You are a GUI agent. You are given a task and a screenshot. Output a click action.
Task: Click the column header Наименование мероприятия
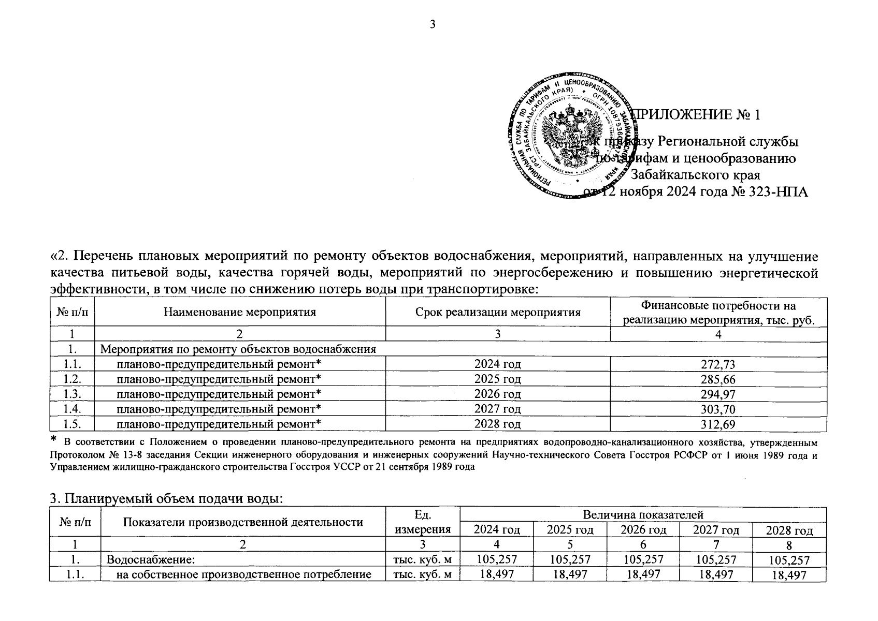[240, 312]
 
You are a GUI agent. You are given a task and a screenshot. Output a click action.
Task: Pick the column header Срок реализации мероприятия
[497, 312]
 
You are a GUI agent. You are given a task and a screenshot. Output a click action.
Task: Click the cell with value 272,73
[718, 364]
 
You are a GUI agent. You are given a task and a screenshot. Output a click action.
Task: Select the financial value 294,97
[718, 394]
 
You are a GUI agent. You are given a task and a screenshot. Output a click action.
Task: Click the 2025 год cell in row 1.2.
[497, 379]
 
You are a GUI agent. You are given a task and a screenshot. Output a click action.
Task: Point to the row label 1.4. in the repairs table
[72, 409]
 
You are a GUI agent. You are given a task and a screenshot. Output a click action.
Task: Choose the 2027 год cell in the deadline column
[497, 409]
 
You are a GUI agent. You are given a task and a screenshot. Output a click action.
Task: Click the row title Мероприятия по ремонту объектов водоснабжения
[238, 349]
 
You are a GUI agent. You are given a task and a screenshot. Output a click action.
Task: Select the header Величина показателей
[643, 515]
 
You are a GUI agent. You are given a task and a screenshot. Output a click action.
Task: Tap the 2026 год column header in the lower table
[643, 529]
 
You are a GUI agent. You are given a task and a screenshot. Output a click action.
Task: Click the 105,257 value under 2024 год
[496, 559]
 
